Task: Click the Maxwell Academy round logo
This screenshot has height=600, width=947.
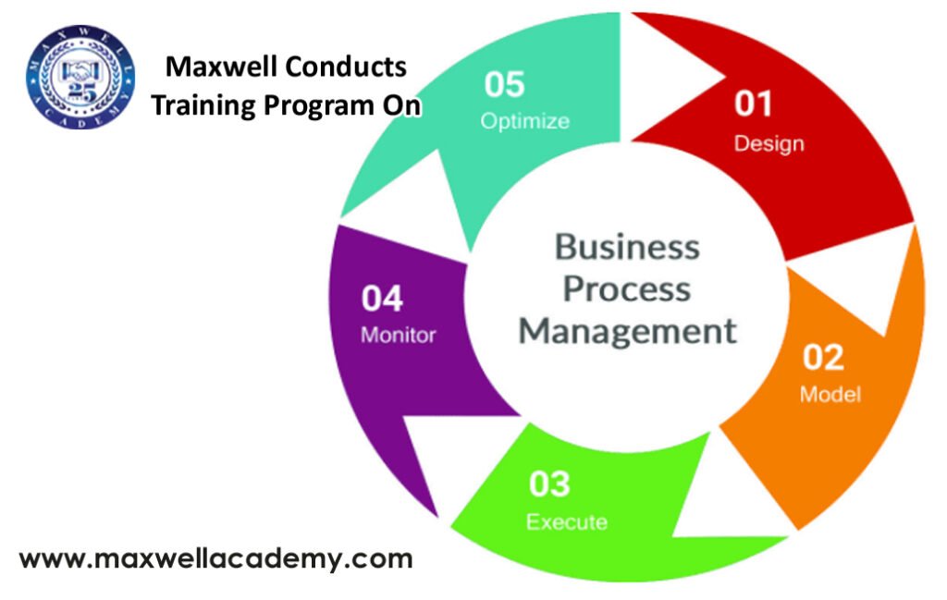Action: [80, 77]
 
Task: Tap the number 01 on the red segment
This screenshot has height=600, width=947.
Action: [753, 104]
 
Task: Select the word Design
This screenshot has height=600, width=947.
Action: [769, 143]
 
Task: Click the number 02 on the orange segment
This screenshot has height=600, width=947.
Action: [823, 357]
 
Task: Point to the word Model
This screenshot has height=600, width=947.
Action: [830, 394]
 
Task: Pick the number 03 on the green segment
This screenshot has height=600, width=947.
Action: [549, 484]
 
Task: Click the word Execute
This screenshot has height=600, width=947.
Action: [567, 521]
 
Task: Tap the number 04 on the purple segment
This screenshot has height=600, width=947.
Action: [382, 299]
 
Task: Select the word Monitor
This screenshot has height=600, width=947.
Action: [398, 335]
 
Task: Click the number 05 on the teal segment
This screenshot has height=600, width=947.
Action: [504, 84]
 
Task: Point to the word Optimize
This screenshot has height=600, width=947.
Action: [525, 121]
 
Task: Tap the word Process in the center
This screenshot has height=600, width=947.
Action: [627, 288]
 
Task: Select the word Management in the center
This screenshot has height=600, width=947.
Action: [628, 331]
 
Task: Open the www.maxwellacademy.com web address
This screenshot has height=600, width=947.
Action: [215, 559]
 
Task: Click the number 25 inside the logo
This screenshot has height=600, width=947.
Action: [81, 92]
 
